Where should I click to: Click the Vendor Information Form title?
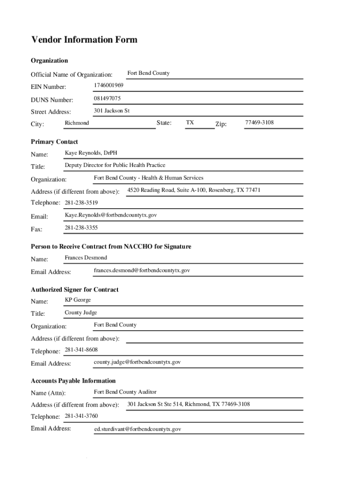tap(84, 40)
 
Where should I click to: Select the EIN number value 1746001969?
tap(108, 86)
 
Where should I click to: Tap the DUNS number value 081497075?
tap(107, 98)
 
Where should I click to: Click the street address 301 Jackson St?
tap(112, 111)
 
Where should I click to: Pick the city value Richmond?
tap(77, 123)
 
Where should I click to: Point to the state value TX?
tap(190, 123)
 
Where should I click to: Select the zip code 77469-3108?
tap(259, 123)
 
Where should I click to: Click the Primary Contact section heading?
tap(54, 142)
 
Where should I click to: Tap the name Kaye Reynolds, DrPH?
tap(91, 153)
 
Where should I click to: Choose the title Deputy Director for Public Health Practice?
tap(115, 165)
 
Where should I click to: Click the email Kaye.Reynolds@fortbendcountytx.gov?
tap(111, 215)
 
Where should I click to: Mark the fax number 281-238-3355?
tap(81, 228)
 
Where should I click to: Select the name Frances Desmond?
tap(86, 258)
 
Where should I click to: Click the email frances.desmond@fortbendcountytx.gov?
tap(142, 270)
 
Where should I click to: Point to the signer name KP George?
tap(78, 300)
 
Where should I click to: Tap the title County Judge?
tap(81, 312)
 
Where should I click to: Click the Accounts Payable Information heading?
tap(73, 381)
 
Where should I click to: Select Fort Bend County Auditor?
tap(125, 392)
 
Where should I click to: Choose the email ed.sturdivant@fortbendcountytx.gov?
tap(137, 429)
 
